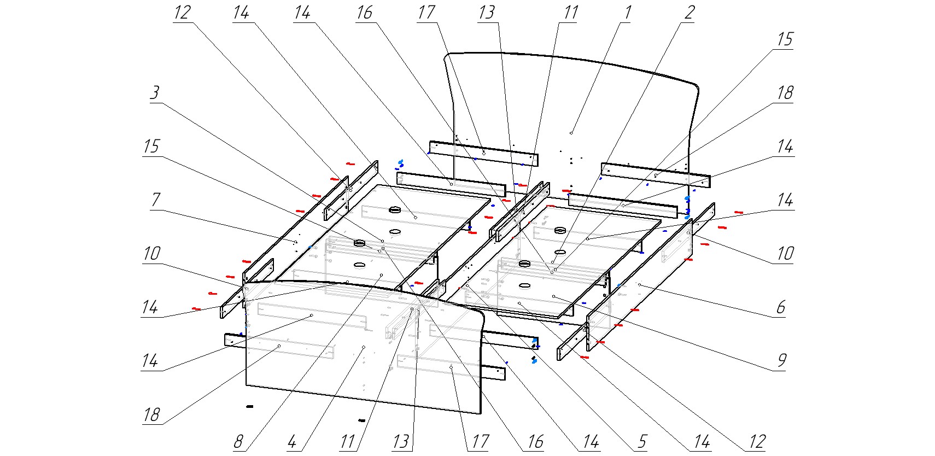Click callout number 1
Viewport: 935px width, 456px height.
click(628, 12)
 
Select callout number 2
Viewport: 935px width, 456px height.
click(690, 12)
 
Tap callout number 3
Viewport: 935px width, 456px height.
click(155, 92)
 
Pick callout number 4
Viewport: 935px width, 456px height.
click(292, 441)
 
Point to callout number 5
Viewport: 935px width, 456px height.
click(642, 441)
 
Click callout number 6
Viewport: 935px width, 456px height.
click(781, 307)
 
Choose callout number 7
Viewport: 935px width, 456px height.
click(156, 200)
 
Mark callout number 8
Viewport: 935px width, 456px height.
click(238, 441)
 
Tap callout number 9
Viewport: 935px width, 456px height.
click(782, 360)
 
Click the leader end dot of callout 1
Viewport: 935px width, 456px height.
click(571, 132)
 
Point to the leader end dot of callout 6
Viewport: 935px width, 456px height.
click(639, 284)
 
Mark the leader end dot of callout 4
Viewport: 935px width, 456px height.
click(363, 347)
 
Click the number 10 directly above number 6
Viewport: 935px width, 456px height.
click(785, 254)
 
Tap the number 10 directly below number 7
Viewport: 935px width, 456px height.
click(151, 254)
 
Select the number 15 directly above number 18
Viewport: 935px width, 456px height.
click(785, 39)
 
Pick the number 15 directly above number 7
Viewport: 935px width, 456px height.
click(151, 147)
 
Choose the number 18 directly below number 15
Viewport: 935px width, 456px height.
click(785, 93)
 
